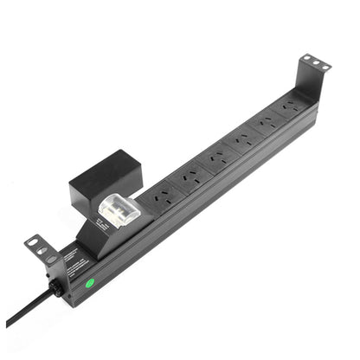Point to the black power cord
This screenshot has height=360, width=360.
click(x=26, y=312)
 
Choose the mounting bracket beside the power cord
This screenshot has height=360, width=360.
click(x=42, y=253)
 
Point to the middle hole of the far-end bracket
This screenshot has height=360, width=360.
click(x=315, y=61)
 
